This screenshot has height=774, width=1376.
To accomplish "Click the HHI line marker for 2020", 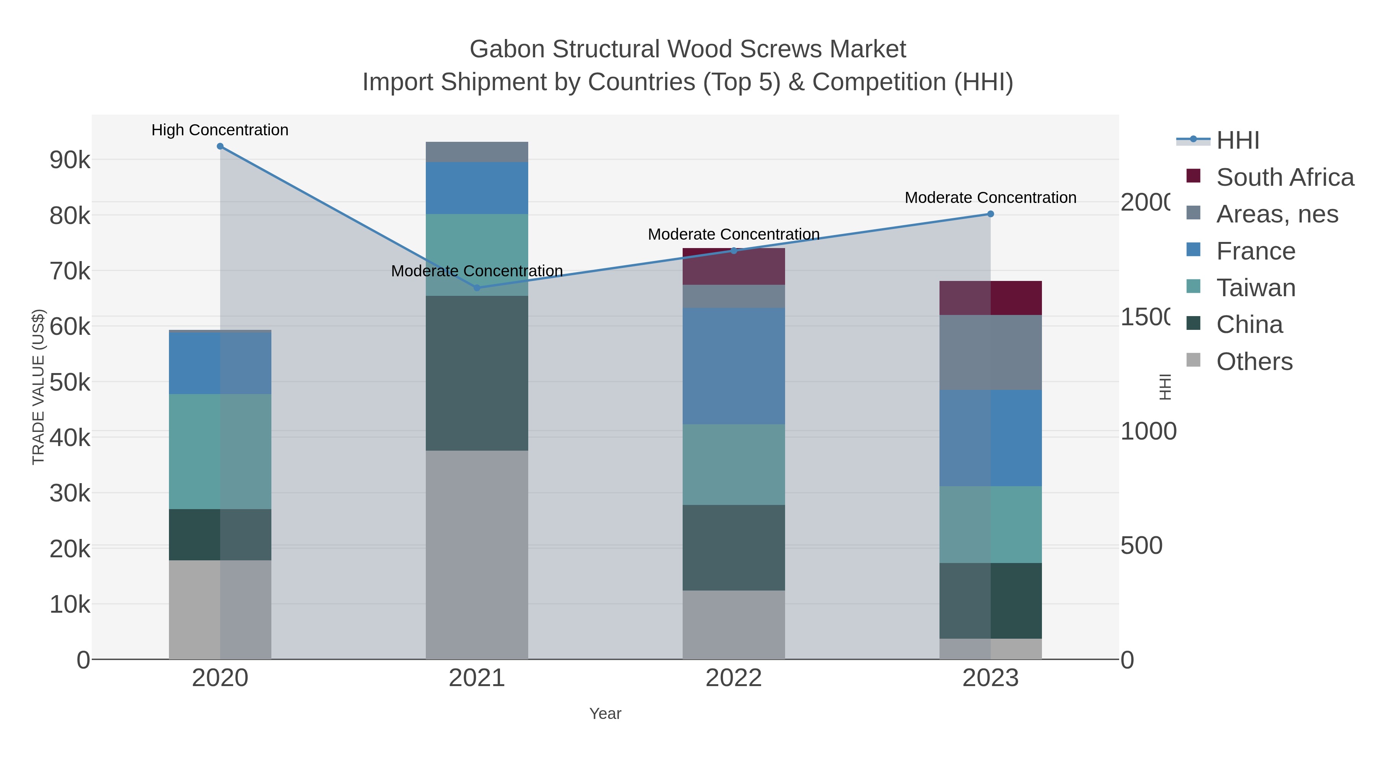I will [220, 146].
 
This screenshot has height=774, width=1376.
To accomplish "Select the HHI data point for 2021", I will [477, 288].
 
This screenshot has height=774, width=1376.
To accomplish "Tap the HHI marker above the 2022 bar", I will [734, 250].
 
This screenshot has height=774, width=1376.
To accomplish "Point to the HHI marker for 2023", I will [990, 214].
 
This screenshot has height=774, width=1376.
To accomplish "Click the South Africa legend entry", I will [1285, 177].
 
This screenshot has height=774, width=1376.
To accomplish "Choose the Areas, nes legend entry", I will [1277, 214].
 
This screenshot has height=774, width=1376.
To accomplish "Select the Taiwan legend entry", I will [1256, 288].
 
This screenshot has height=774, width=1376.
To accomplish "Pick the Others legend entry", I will [1254, 362].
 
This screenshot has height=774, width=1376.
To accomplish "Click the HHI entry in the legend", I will [1238, 141].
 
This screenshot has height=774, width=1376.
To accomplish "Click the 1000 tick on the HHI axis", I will [1148, 432].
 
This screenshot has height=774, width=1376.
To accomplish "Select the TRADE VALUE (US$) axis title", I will [39, 387].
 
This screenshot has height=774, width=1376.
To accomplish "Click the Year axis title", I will [605, 714].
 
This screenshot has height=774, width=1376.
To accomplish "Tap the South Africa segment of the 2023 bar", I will [990, 298].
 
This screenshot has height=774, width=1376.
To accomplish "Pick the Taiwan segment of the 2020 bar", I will [220, 451].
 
